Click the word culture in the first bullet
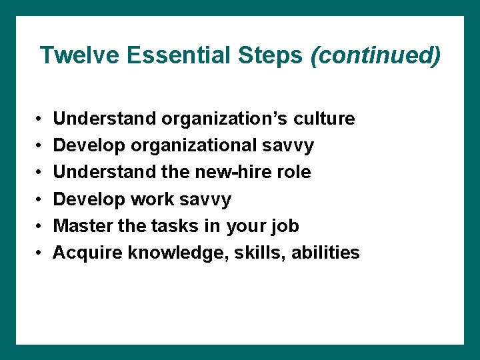tap(323, 119)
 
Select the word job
tap(283, 227)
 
